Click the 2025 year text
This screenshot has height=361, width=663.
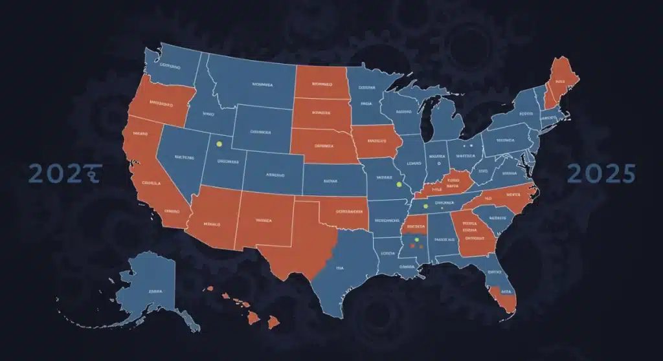(601, 173)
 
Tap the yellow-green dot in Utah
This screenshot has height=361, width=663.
(219, 144)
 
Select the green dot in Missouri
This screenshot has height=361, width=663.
(399, 184)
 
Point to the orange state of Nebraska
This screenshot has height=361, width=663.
(322, 146)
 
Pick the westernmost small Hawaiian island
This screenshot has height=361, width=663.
(210, 289)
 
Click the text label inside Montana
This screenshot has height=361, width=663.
(262, 85)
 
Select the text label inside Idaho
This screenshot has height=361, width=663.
(208, 114)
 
